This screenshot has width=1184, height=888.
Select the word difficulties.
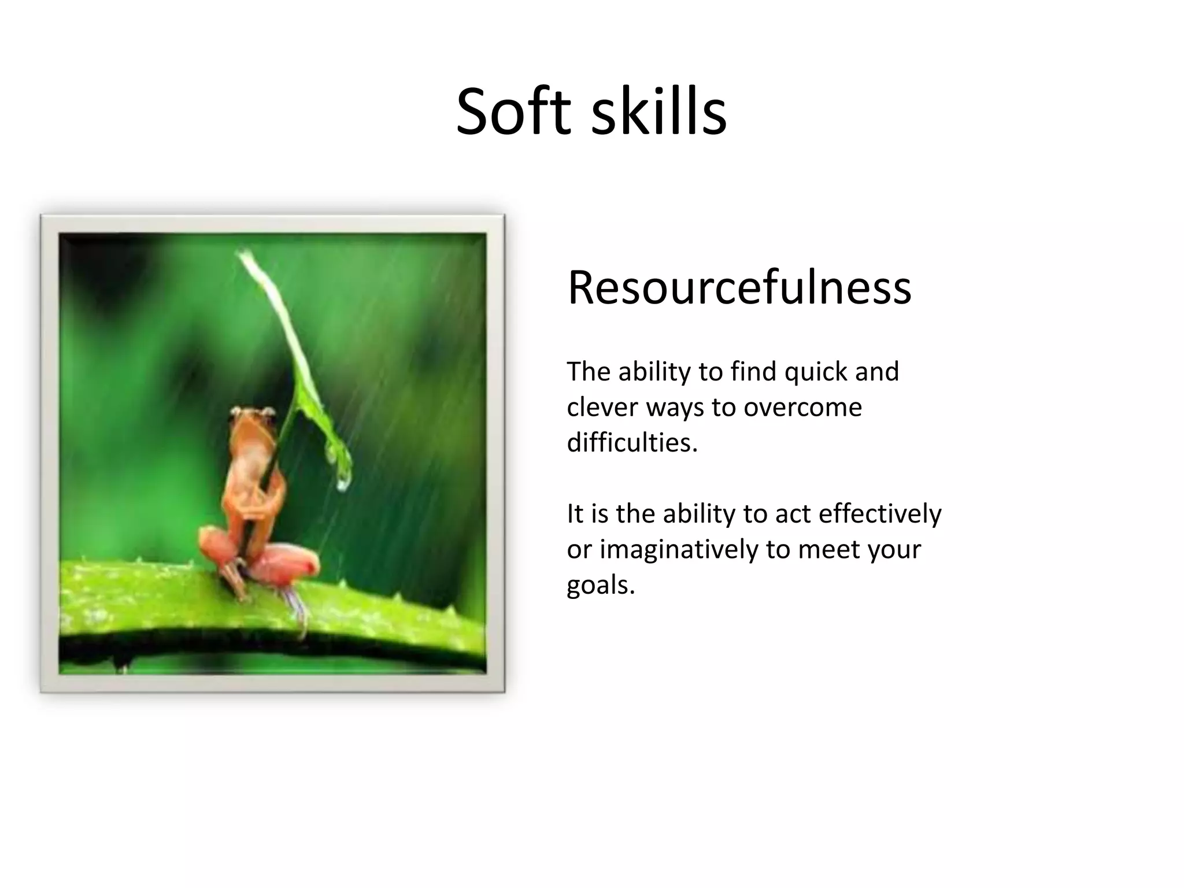click(632, 443)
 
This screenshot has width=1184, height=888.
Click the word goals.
click(600, 585)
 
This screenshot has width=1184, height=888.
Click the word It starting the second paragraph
click(575, 513)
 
